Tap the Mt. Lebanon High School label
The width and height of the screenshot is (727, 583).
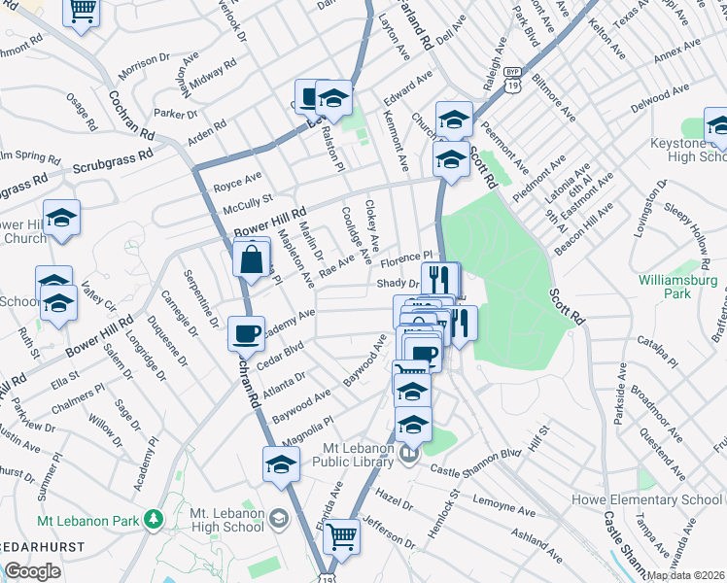pyautogui.click(x=226, y=520)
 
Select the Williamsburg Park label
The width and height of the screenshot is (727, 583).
pyautogui.click(x=677, y=287)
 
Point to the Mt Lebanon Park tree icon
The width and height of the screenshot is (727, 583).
pyautogui.click(x=152, y=520)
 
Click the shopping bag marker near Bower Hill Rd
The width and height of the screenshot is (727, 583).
pyautogui.click(x=252, y=260)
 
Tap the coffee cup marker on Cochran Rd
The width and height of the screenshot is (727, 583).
pyautogui.click(x=245, y=334)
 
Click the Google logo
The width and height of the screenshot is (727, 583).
pyautogui.click(x=33, y=571)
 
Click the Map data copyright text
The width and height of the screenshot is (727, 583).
pyautogui.click(x=683, y=575)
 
